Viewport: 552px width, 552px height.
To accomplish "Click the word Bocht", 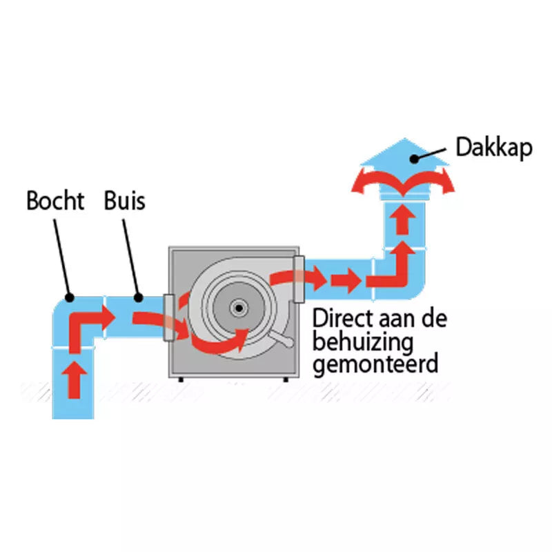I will [55, 201].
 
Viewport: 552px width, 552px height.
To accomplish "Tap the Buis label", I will [124, 201].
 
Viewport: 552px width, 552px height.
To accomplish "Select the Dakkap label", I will [494, 148].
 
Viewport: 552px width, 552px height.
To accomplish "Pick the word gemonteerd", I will [375, 363].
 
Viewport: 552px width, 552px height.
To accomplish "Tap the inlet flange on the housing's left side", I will [168, 317].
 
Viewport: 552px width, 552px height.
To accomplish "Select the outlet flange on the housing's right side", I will [299, 278].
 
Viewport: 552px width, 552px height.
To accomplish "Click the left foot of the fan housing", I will [181, 379].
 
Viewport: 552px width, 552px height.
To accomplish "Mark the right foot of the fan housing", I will [285, 379].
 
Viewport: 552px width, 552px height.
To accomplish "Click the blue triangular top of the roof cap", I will [405, 153].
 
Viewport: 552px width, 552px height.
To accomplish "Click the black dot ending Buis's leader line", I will [138, 298].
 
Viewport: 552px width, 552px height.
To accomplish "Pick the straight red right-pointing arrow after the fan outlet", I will [345, 280].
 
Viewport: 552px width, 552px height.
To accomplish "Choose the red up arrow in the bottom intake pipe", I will [75, 378].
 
